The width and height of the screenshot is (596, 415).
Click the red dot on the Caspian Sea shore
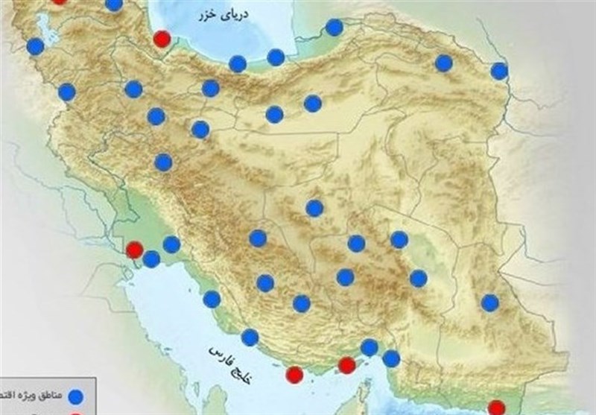[161, 39]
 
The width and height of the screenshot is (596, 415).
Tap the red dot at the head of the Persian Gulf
[135, 250]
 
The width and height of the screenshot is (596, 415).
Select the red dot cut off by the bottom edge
[496, 408]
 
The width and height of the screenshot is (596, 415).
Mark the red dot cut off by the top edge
[59, 1]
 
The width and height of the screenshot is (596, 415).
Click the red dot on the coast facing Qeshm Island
[346, 365]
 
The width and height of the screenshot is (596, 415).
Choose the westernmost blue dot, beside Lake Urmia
[35, 47]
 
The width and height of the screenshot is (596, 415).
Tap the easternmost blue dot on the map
[499, 72]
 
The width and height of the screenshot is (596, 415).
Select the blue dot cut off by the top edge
[114, 4]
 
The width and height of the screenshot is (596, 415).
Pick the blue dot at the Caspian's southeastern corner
[335, 28]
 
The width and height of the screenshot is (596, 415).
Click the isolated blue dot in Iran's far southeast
[489, 302]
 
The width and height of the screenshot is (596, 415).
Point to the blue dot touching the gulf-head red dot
[151, 259]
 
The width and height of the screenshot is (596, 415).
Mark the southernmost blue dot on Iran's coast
[390, 359]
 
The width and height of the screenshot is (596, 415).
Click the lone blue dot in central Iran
[314, 209]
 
